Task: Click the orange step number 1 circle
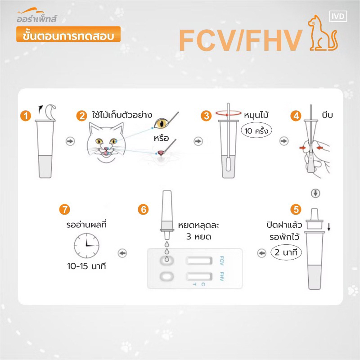26,116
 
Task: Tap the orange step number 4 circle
296,116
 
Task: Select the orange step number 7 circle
64,209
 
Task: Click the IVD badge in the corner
338,16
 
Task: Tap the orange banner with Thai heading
68,35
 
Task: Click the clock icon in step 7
86,246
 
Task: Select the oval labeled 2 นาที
286,252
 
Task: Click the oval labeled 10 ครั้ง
256,130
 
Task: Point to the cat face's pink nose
105,148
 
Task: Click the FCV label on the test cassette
222,261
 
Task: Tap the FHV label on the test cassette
222,276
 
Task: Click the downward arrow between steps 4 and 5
315,193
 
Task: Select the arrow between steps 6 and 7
122,253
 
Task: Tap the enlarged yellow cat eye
161,123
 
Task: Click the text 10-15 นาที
86,266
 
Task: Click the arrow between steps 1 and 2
70,141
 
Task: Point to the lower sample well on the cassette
166,276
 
